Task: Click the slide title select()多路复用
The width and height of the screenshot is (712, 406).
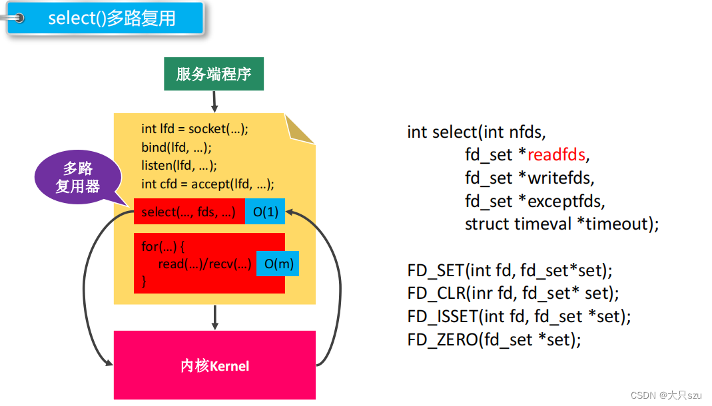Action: tap(112, 18)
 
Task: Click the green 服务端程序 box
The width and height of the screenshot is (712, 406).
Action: tap(214, 74)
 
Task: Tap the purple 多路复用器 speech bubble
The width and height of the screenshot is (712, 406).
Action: tap(78, 178)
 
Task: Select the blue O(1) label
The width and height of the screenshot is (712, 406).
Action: tap(265, 212)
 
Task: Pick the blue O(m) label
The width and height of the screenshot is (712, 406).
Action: tap(278, 264)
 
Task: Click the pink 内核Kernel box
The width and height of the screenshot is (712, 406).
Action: tap(214, 365)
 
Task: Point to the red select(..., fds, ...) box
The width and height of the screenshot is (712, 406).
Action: tap(189, 212)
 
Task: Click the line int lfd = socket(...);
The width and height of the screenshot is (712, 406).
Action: tap(194, 129)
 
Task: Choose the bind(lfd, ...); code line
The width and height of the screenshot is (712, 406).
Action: tap(176, 147)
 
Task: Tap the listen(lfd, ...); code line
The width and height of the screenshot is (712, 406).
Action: tap(179, 165)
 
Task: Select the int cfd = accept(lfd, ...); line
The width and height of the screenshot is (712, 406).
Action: tap(208, 184)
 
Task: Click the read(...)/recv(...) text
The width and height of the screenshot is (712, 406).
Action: tap(205, 264)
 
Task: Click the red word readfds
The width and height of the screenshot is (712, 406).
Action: tap(556, 155)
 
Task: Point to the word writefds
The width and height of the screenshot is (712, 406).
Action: tap(559, 178)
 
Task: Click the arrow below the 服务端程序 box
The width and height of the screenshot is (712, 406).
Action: tap(214, 101)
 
